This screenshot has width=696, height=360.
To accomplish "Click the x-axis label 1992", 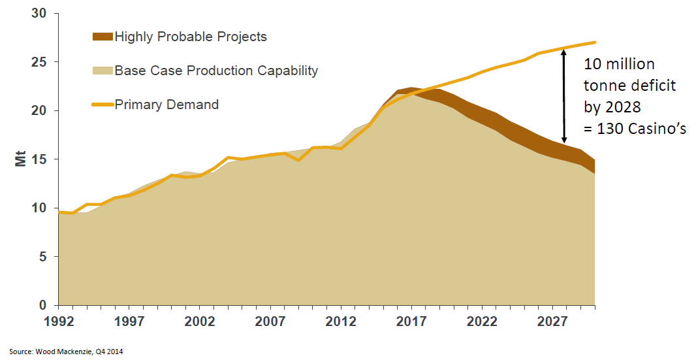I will coord(58,321).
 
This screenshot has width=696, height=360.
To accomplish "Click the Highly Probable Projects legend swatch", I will coord(103,37).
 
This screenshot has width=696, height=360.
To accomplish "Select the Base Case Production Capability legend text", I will coord(216,71).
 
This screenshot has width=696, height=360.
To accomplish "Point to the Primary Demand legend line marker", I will coord(103,105).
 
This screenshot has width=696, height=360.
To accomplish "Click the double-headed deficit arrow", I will coord(565,96).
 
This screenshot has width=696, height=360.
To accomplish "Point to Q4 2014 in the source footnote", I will coord(110,352).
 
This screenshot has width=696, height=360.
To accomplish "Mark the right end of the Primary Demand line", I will coord(595,42).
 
